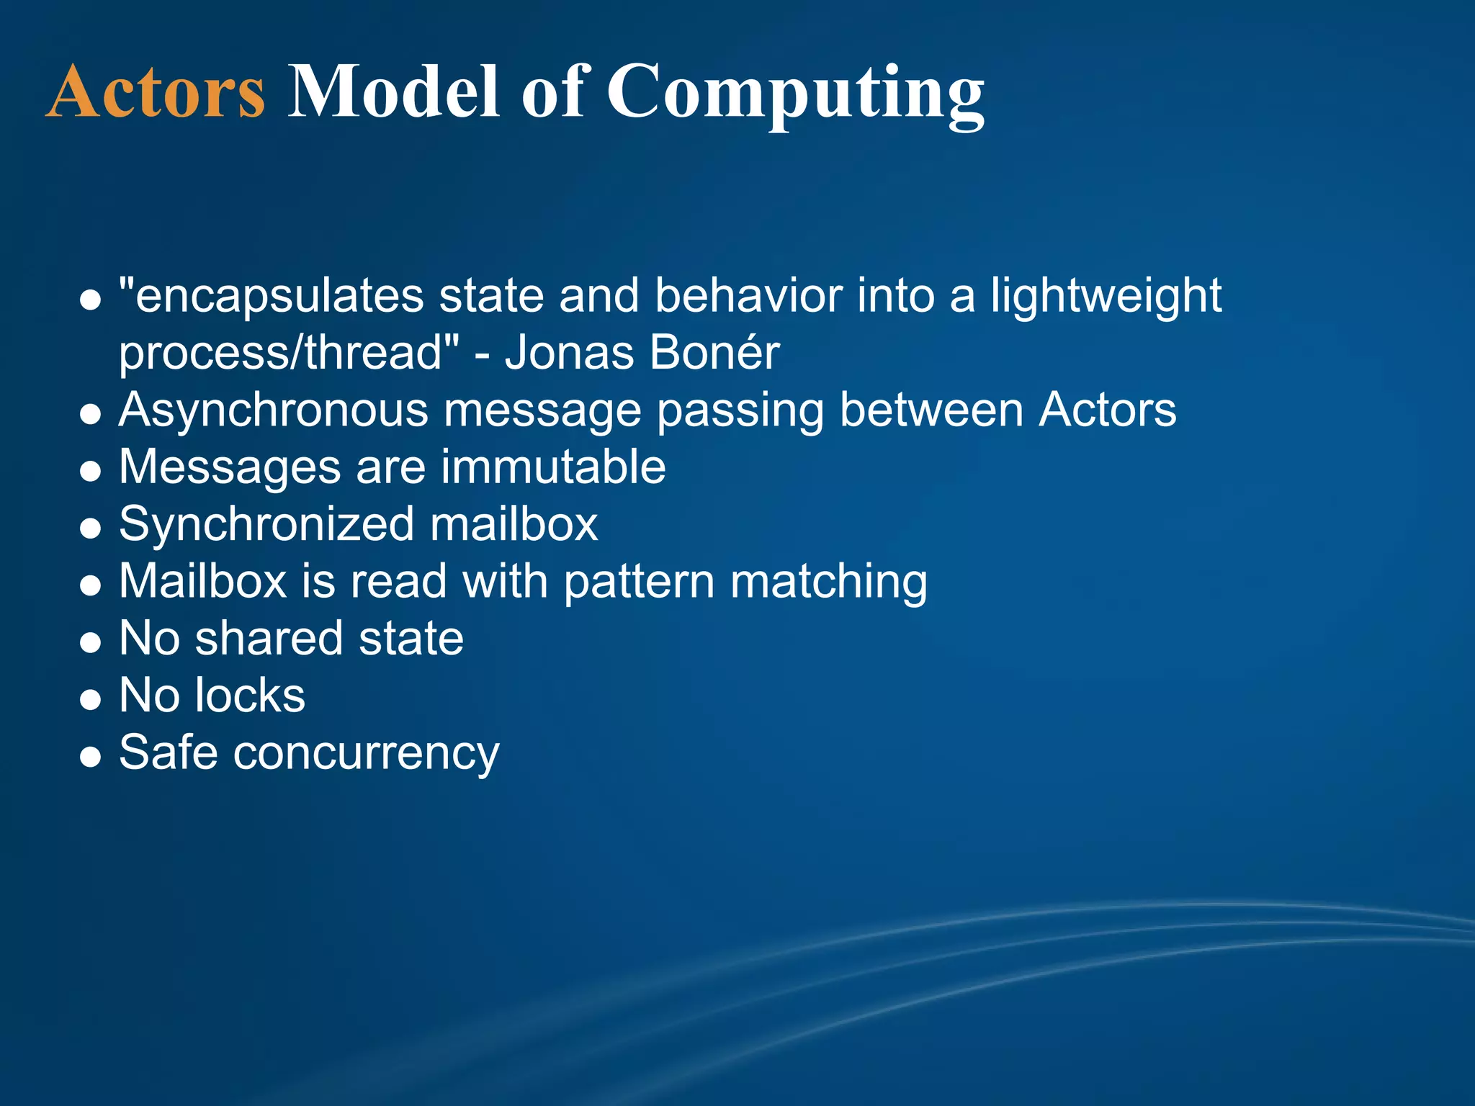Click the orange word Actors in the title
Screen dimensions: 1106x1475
coord(156,92)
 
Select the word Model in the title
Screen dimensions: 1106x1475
coord(393,92)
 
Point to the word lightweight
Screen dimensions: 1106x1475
coord(1106,297)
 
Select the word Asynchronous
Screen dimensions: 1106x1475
coord(274,410)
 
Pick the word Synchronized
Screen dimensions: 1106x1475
coord(266,524)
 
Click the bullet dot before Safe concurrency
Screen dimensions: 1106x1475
coord(90,757)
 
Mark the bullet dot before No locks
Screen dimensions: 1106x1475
coord(90,700)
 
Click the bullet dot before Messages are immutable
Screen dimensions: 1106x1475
coord(90,472)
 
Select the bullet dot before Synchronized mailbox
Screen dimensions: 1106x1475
coord(90,529)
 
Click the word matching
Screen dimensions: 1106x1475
coord(828,583)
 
